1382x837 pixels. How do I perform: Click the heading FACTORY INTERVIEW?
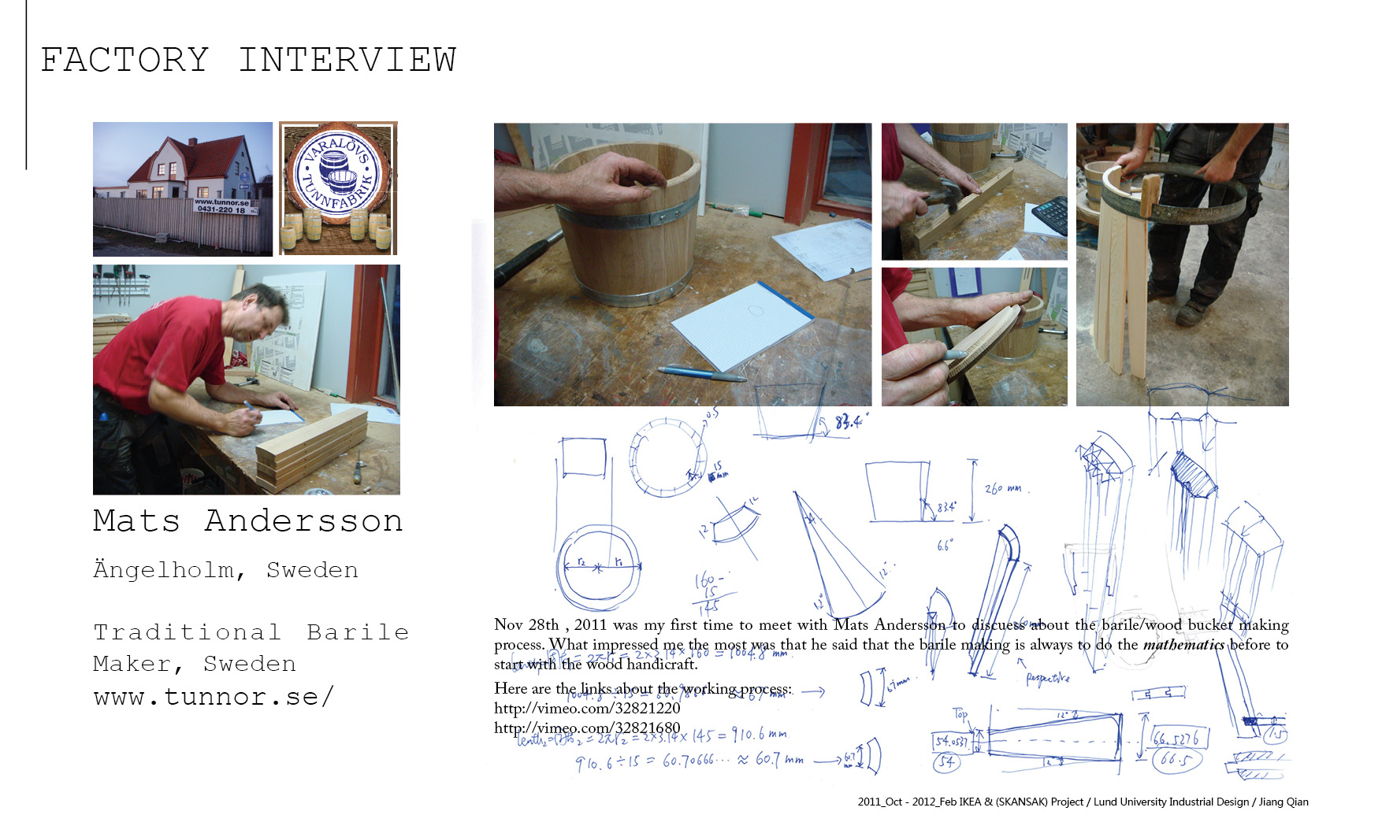click(248, 60)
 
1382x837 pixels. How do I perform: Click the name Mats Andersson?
click(248, 521)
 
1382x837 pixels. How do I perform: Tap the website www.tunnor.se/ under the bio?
click(214, 697)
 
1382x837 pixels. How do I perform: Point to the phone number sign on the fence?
click(222, 206)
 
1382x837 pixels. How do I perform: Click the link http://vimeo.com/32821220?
click(587, 708)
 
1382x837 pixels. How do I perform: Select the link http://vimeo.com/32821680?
click(587, 728)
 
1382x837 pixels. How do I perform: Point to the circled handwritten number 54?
click(947, 761)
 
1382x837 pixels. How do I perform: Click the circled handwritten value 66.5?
click(1175, 759)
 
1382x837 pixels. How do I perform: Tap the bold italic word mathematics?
click(1183, 644)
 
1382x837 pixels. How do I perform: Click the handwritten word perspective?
click(1047, 677)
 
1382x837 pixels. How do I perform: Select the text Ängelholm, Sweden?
click(225, 570)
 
